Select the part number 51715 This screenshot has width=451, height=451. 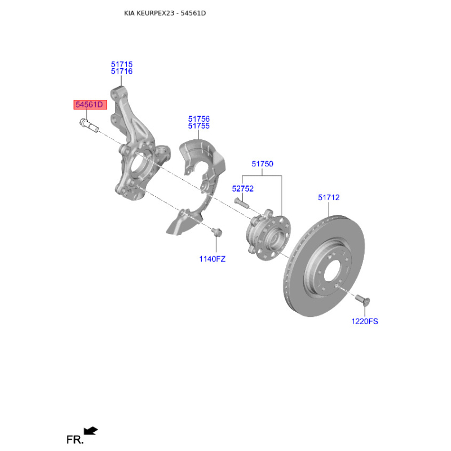[122, 64]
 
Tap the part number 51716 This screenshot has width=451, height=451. [122, 72]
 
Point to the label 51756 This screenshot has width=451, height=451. [199, 119]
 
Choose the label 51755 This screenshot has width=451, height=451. [199, 126]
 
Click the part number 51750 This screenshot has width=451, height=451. [262, 164]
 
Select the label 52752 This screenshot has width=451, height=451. [243, 189]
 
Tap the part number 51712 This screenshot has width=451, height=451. [329, 197]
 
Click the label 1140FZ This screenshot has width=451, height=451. [212, 259]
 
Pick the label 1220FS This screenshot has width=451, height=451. [364, 321]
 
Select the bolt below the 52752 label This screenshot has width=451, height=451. [241, 202]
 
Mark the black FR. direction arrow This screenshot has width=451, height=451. [91, 431]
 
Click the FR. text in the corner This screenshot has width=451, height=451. [74, 439]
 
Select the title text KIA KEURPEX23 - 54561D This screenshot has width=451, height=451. [165, 13]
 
